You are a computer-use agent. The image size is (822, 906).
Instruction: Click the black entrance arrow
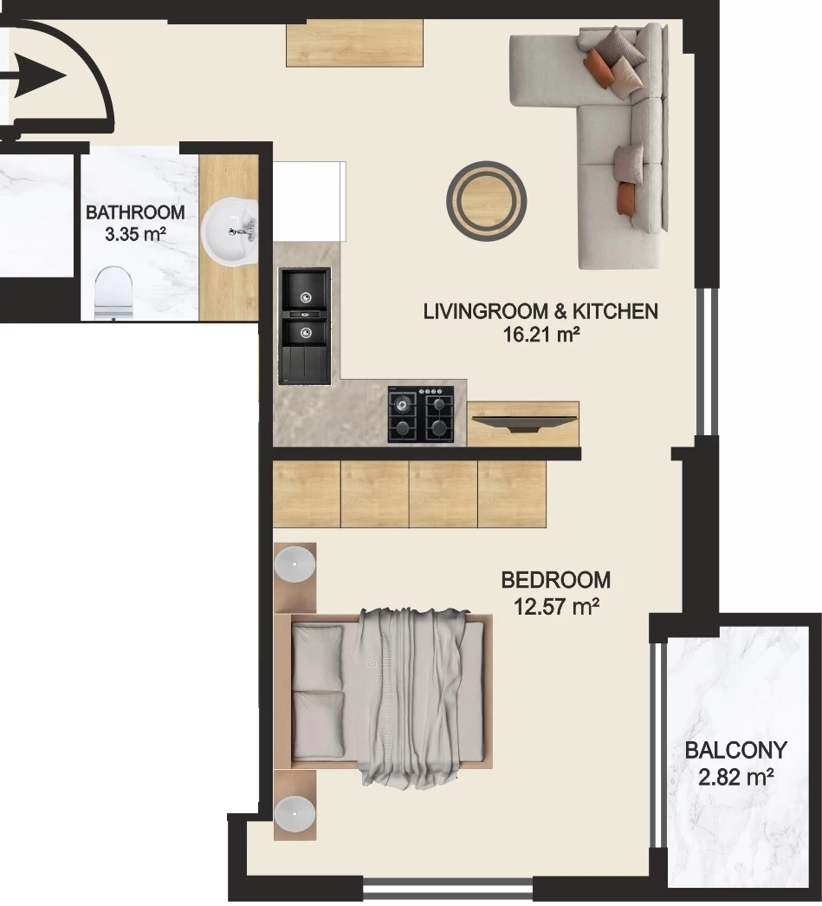click(x=35, y=75)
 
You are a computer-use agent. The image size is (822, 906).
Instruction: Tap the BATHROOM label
click(x=135, y=212)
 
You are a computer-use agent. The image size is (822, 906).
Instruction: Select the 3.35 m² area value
click(x=135, y=235)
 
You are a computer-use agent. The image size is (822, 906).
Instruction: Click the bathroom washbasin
click(x=230, y=231)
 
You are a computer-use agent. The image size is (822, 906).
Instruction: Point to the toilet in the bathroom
click(x=113, y=293)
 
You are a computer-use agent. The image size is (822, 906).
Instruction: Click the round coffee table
click(x=486, y=201)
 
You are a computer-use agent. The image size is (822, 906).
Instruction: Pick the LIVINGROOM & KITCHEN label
click(x=540, y=311)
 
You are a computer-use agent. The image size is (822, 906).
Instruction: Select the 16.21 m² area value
click(x=540, y=334)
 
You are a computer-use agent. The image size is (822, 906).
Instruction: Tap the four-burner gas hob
click(x=421, y=414)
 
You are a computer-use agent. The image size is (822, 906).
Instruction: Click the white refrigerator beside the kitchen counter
click(x=309, y=202)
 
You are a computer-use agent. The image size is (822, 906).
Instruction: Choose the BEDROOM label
click(x=555, y=579)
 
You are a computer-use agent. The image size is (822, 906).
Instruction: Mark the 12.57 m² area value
click(x=556, y=607)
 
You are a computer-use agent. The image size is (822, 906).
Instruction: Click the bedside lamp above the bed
click(x=294, y=563)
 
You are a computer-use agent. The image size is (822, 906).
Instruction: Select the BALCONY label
click(x=736, y=750)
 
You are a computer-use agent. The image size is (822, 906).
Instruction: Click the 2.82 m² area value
click(x=736, y=777)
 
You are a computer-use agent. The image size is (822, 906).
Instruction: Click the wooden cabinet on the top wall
click(x=355, y=43)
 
